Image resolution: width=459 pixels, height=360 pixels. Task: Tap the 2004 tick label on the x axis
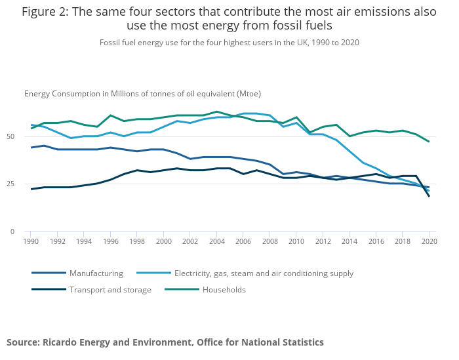[x=217, y=241]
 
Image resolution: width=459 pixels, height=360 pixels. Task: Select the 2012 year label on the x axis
[x=324, y=241]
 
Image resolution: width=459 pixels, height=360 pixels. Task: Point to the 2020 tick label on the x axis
[x=429, y=241]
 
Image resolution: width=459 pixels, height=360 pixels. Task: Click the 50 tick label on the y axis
[x=10, y=137]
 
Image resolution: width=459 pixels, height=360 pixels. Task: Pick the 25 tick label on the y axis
[x=10, y=184]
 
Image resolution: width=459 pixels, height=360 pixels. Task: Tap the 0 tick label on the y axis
[x=12, y=231]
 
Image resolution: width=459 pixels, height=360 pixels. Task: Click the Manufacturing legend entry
[x=96, y=273]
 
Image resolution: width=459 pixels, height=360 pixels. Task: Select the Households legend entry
[x=224, y=290]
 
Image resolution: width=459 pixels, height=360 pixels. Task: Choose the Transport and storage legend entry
[x=110, y=290]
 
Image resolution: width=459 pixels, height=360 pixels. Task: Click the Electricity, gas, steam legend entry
[x=264, y=273]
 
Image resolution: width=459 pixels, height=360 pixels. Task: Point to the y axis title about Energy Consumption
[x=142, y=94]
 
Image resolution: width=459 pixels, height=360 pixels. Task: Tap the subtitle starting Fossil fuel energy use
[x=229, y=42]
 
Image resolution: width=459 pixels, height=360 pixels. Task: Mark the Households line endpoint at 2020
[x=429, y=142]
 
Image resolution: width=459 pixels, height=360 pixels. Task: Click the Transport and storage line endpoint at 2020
[x=429, y=196]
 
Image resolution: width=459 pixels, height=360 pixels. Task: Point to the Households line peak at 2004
[x=217, y=111]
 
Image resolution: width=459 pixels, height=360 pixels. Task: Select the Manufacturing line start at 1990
[x=31, y=148]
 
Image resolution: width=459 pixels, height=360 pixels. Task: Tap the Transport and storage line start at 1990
[x=31, y=189]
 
